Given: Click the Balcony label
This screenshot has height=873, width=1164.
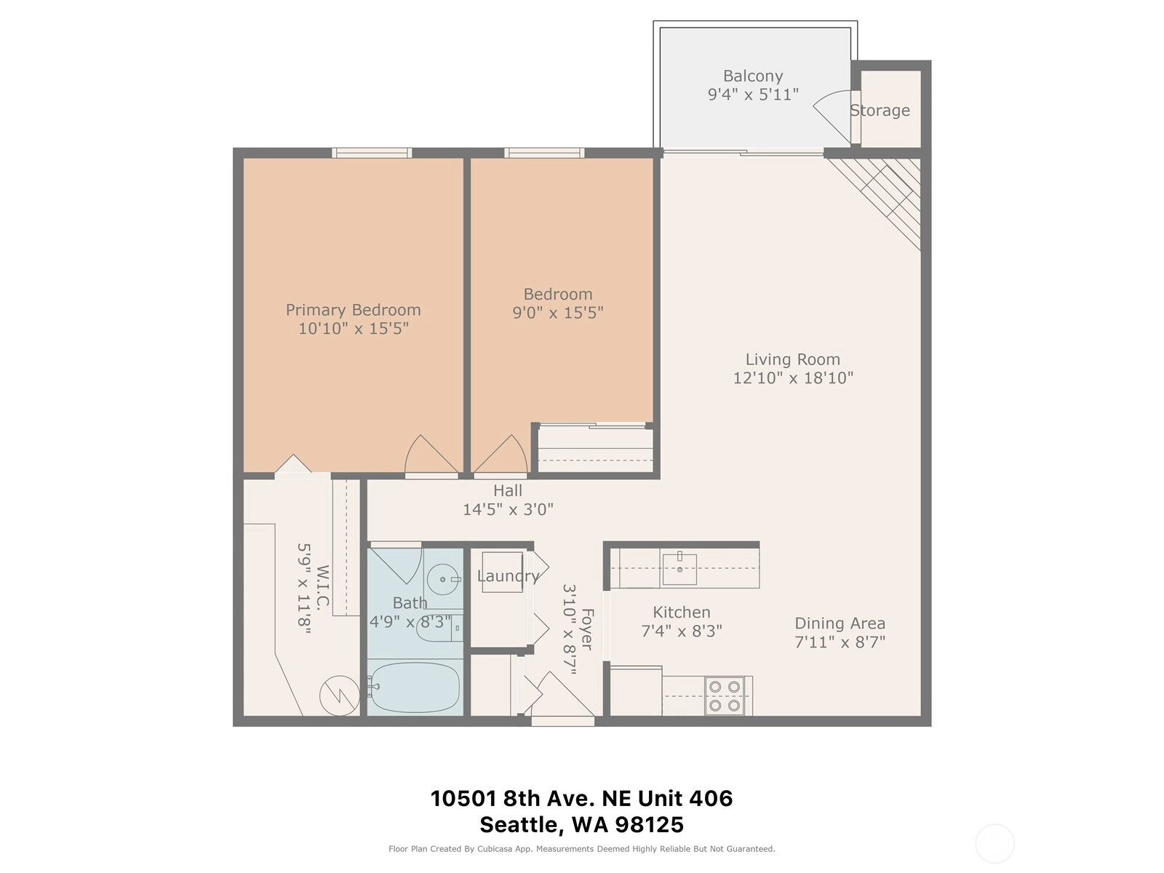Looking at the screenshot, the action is [752, 76].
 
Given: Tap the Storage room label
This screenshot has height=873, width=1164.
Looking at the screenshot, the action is [880, 111].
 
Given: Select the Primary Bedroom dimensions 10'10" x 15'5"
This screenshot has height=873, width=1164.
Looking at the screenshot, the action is [353, 329].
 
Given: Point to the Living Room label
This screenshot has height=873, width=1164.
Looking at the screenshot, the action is [793, 359].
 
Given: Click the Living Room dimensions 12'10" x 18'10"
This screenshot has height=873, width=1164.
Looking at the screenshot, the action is [793, 378].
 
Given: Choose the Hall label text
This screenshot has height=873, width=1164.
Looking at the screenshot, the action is [508, 491].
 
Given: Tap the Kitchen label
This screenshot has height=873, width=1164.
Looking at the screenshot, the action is [682, 613].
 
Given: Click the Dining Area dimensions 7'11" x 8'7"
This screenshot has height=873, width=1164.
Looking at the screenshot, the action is [840, 642].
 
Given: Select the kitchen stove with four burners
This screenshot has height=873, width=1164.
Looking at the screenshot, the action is [725, 696].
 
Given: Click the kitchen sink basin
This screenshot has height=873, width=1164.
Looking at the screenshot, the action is [679, 568].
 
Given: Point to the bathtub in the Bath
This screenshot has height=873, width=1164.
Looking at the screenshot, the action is [415, 687].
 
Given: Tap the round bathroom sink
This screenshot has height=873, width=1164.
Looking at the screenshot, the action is [443, 579].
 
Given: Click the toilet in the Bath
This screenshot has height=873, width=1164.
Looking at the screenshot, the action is [439, 628].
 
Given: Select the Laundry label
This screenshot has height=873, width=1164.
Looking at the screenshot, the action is [508, 576].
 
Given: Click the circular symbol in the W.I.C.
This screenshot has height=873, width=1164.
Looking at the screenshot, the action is [340, 695].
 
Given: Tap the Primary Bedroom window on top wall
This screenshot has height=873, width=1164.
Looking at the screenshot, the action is [372, 154].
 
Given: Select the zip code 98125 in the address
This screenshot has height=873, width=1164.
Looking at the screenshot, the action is [649, 825].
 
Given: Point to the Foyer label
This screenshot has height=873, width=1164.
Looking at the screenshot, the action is [587, 629].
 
